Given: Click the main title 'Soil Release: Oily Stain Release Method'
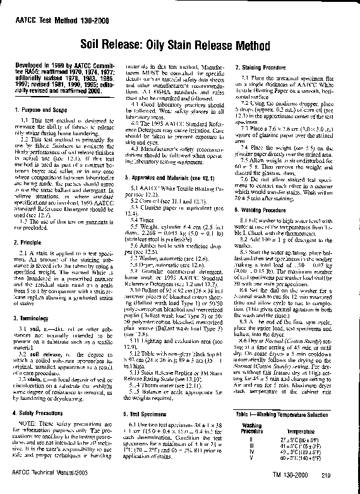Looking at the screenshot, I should point(180,45).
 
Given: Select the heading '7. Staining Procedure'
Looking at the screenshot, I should point(261,67).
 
